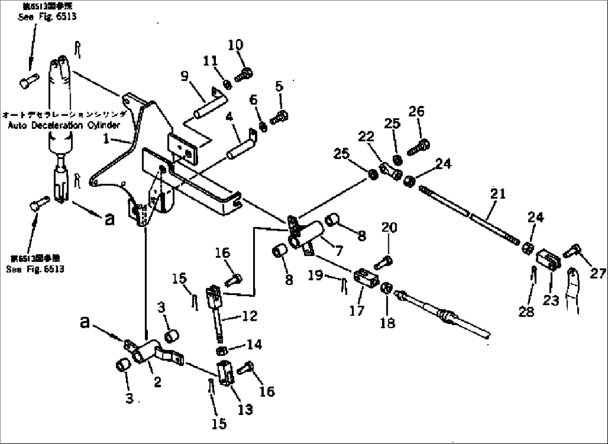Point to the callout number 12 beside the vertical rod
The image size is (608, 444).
249,316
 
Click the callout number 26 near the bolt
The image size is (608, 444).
416,111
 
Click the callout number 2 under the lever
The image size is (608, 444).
158,382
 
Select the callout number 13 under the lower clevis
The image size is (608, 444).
245,410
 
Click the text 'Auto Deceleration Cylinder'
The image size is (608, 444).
64,126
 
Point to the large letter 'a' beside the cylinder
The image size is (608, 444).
109,219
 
